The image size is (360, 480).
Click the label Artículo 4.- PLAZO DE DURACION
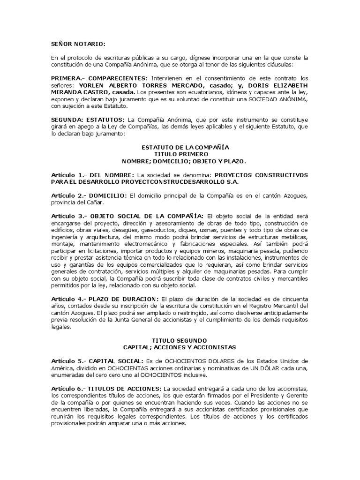pyautogui.click(x=105, y=299)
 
